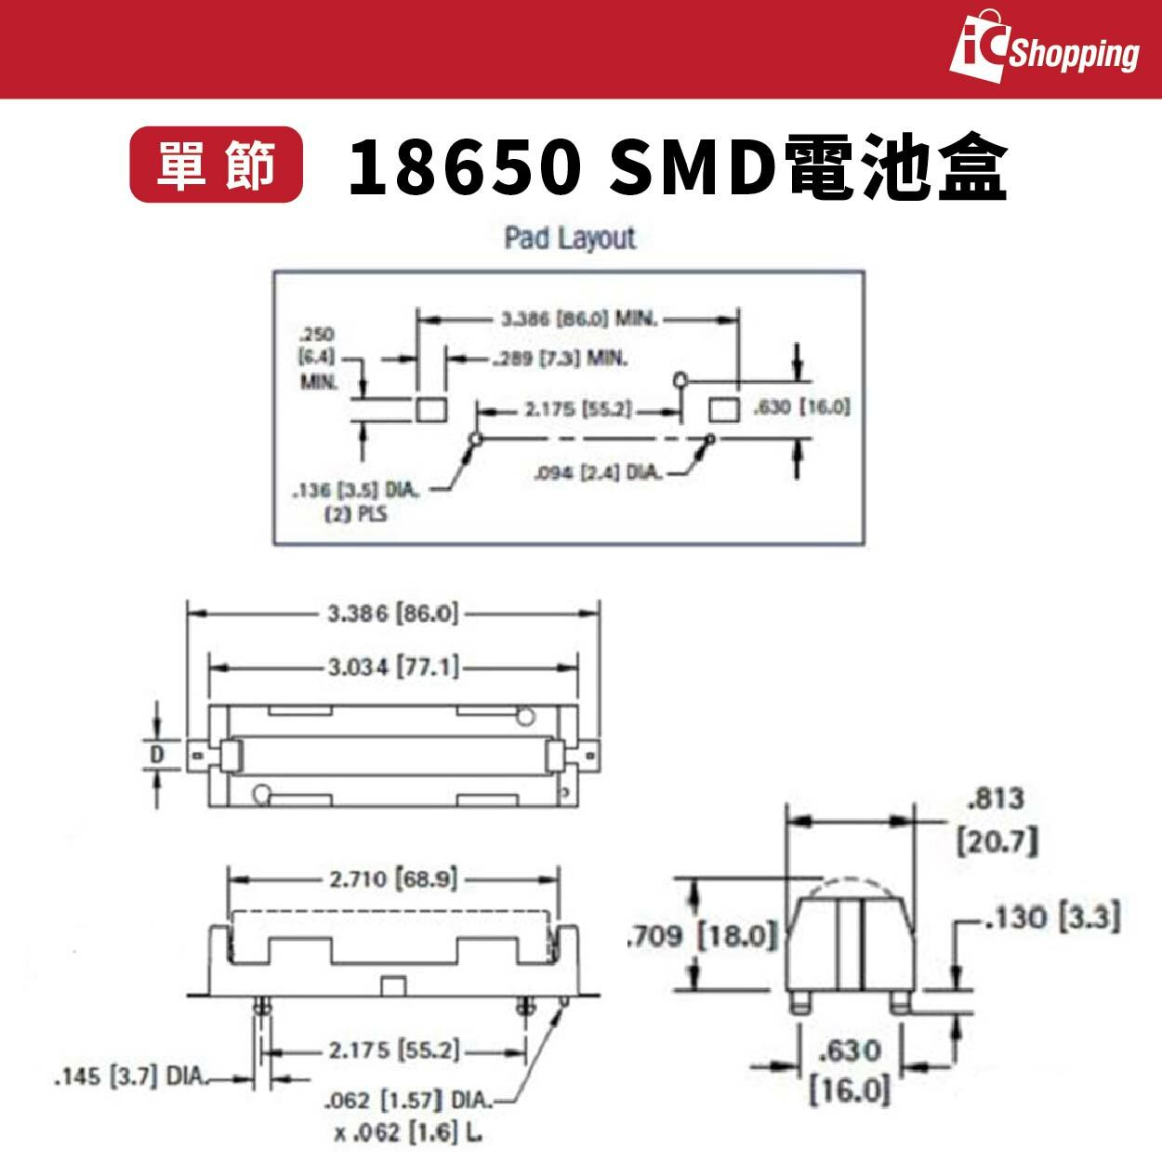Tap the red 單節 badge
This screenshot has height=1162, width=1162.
216,165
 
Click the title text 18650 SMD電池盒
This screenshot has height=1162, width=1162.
678,167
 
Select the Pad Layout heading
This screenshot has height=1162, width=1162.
570,238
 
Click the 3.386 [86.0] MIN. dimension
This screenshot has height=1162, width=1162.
578,319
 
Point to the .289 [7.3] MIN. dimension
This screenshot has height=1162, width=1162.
561,358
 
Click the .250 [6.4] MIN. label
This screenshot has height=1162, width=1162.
318,358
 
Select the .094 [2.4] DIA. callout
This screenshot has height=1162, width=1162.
600,473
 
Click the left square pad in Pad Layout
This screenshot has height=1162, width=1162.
429,409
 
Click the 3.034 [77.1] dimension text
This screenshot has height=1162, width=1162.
393,667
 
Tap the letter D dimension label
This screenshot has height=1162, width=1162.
157,754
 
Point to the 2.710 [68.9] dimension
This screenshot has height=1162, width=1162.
393,878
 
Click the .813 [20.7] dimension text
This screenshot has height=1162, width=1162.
997,819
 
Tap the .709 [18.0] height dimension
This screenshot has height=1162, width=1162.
701,934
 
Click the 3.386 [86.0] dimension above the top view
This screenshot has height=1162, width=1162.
393,614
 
